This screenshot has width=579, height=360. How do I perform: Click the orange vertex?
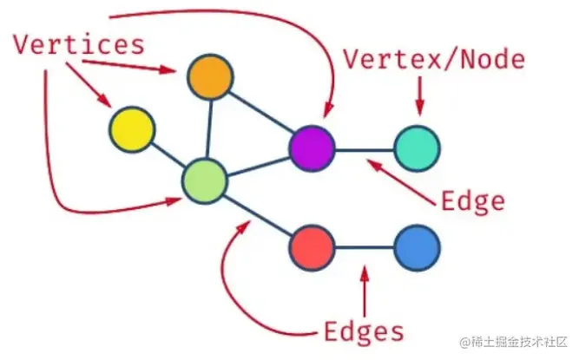210,77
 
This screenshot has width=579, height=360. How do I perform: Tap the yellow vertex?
132,129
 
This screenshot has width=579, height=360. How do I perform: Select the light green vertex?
205,180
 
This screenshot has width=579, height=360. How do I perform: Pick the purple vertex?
312,148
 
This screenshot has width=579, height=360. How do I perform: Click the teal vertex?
417,148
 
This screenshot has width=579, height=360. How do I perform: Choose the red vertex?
312,247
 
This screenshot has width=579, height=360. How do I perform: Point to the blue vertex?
417,248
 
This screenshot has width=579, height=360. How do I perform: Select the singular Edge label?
472,201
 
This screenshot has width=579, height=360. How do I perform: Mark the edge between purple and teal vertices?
365,149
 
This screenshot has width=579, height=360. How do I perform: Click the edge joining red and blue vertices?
365,248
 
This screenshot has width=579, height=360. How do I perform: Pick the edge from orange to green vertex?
207,128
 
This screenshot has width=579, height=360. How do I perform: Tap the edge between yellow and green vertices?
168,154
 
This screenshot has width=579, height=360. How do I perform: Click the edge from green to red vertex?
259,214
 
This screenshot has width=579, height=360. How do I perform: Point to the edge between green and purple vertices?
259,165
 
